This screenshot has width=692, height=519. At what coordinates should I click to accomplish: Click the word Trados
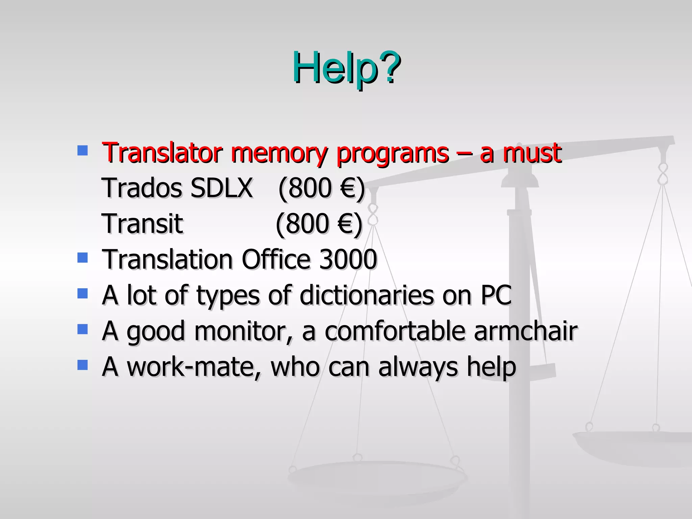pos(142,188)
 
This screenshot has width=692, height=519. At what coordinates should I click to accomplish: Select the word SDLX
pos(221,188)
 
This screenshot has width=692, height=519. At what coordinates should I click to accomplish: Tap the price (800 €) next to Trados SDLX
pos(321,188)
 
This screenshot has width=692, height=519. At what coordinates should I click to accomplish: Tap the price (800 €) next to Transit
pos(319,224)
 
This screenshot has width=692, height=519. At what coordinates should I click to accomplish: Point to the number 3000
pos(348,259)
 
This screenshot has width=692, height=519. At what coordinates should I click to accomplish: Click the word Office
pos(276,259)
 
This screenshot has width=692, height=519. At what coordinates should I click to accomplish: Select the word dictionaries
pos(367,295)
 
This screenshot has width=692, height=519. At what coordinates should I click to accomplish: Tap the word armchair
pos(525,331)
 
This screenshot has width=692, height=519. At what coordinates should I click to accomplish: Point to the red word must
pos(532,153)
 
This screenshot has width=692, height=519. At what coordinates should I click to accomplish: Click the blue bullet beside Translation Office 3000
pos(82,258)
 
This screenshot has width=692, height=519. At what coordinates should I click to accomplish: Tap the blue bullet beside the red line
pos(82,150)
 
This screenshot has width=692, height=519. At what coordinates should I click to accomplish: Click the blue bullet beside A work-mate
pos(82,365)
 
